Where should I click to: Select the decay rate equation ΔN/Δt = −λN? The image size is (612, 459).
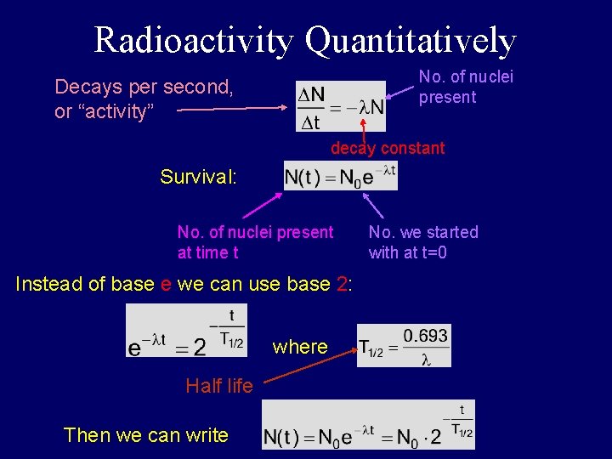click(341, 107)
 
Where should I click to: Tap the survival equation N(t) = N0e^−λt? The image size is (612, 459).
click(340, 177)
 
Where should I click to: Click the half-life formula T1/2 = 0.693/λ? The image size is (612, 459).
click(404, 345)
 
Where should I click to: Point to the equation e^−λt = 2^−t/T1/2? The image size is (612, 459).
click(186, 331)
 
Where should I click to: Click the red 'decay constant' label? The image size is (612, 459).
click(388, 148)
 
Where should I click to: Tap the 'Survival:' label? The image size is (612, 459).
click(198, 177)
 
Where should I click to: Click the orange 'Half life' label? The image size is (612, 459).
click(218, 386)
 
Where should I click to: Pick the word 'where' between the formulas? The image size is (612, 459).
click(300, 347)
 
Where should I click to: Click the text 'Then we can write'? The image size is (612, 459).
click(146, 435)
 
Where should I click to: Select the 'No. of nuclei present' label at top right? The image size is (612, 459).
click(466, 87)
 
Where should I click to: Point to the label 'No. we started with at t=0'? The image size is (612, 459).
click(423, 242)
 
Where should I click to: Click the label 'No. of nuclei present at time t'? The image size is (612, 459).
click(255, 242)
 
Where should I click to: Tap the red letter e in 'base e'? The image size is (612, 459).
click(166, 284)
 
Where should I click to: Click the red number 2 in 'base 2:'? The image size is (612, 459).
click(342, 284)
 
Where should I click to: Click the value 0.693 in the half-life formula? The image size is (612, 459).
click(425, 336)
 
